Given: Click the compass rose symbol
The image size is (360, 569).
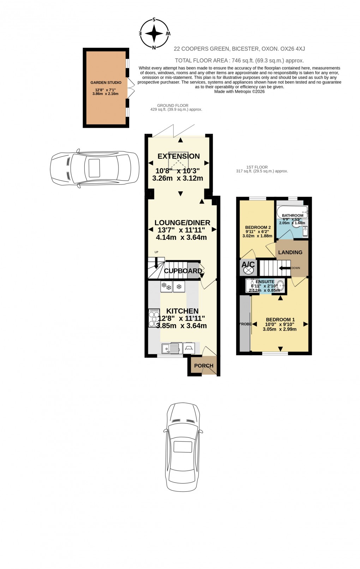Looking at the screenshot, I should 154,34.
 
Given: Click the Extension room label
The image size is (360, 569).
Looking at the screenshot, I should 179,156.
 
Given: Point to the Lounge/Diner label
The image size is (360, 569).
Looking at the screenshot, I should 182,223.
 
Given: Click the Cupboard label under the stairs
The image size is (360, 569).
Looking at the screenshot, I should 183,271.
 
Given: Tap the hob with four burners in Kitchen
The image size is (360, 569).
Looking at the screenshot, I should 154,318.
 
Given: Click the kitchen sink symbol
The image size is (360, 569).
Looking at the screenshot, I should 171,349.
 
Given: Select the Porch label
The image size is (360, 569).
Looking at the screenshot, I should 204,365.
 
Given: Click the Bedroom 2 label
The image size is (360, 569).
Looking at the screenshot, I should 258,227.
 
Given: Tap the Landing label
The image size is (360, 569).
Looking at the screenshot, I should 290,252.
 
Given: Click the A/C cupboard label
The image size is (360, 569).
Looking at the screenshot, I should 248,264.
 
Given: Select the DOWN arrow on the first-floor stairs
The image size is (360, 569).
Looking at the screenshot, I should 284,268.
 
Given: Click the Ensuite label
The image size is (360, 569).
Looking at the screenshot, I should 265,282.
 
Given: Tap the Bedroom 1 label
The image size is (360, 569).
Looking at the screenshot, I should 280,320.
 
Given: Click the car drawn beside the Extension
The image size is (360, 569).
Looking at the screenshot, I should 95,168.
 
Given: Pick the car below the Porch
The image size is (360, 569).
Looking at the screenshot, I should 183,447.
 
